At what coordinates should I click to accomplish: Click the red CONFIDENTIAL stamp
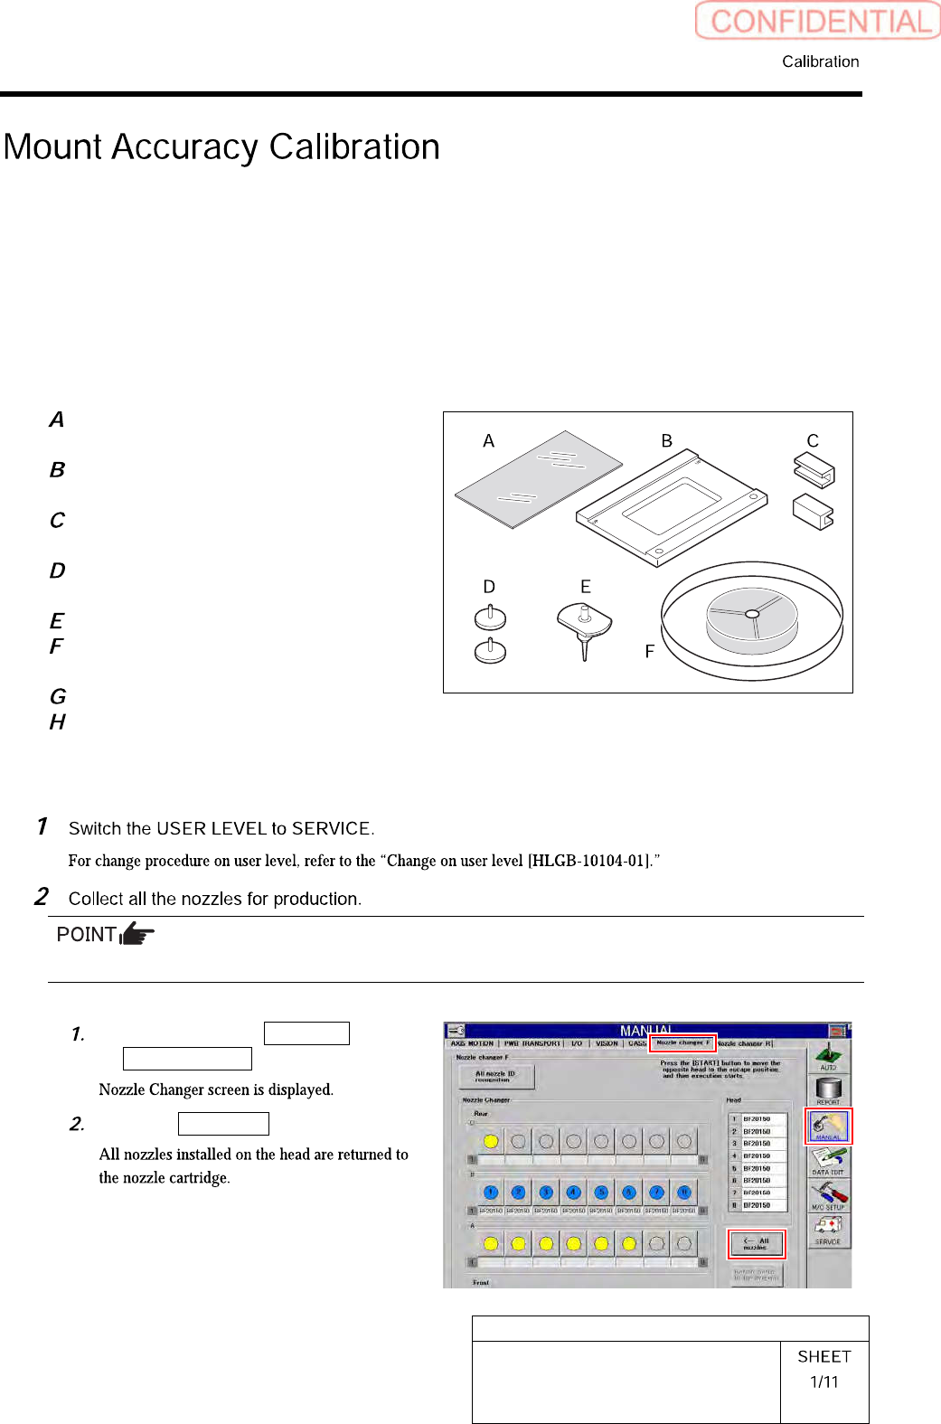point(818,21)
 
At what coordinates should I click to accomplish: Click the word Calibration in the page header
point(820,61)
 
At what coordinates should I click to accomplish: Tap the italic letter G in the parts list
point(58,696)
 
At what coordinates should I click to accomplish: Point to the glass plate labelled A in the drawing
point(539,478)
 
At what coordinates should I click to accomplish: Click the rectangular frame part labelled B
point(672,507)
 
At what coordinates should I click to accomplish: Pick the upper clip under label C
point(814,470)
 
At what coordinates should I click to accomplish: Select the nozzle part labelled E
point(585,627)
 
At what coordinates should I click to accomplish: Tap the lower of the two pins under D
point(490,651)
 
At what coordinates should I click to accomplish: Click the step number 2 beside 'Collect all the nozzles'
point(42,897)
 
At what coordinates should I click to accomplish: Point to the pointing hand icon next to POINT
point(137,933)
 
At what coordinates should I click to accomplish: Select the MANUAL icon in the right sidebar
point(828,1127)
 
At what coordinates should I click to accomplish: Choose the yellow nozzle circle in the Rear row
point(491,1141)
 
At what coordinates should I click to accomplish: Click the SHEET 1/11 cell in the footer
point(823,1370)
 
